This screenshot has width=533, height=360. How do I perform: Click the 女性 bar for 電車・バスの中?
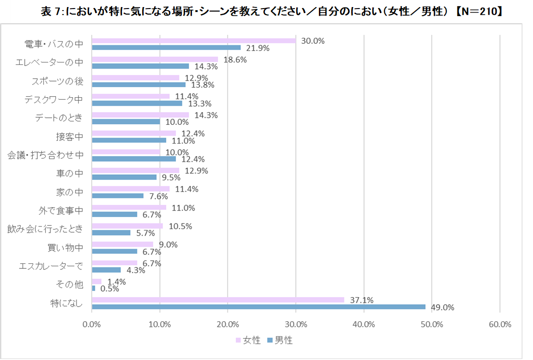tap(194, 41)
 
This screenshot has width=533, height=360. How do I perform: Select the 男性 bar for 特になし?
tap(258, 307)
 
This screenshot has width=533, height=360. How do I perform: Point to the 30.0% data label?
tap(313, 41)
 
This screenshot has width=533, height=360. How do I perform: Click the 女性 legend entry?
tap(248, 340)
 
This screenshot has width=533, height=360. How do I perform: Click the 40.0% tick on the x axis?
tap(364, 324)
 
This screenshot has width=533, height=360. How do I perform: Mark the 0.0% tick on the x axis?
tap(92, 324)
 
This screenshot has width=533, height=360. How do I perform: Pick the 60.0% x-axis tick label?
tap(500, 324)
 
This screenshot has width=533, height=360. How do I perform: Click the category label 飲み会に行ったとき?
tap(45, 229)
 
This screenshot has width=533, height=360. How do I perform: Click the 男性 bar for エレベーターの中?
tap(141, 66)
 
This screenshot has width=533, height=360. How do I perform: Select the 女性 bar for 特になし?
tap(218, 300)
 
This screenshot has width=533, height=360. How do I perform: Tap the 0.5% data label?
tap(109, 289)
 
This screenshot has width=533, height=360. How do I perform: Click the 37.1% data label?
tap(361, 300)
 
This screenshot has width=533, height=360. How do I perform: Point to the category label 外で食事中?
tap(61, 210)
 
